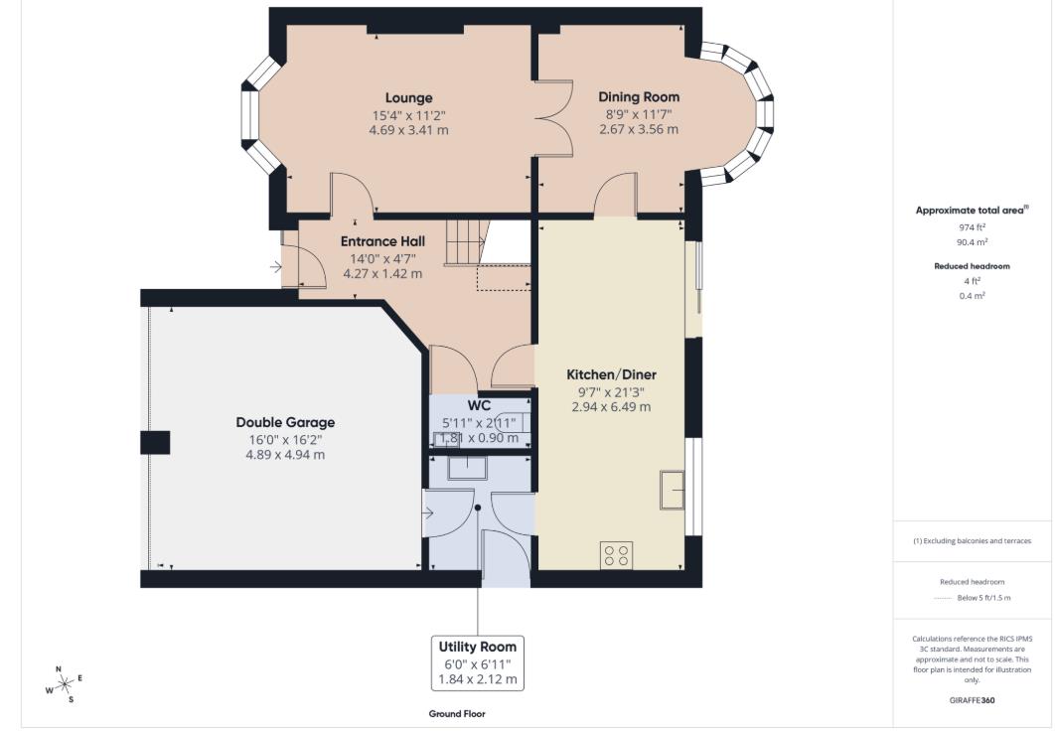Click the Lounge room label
pos(408,98)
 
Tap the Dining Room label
pos(639,97)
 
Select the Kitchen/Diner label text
pos(611,374)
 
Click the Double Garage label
pos(285,422)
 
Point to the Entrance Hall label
pos(382,241)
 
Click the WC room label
pos(480,405)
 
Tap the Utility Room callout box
pos(478,662)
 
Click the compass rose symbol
pos(64,684)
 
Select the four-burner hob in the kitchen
pos(616,555)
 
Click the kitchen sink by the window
pos(672,489)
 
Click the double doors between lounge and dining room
pos(552,116)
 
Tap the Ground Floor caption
pos(457,714)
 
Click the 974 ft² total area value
pos(972,227)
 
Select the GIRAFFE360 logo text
pos(972,700)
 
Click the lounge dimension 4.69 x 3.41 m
pos(408,129)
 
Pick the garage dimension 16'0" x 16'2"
pos(285,439)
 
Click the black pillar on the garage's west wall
pos(155,443)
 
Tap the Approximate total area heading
pos(971,210)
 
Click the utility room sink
pos(466,468)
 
